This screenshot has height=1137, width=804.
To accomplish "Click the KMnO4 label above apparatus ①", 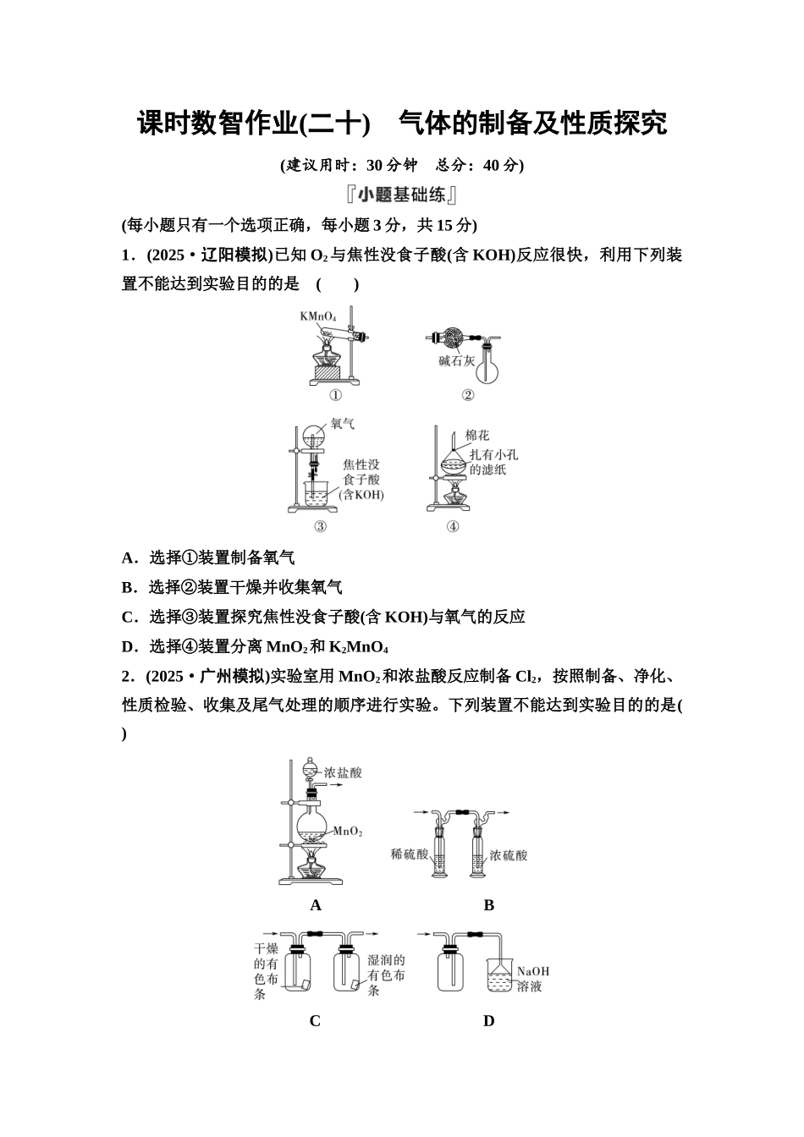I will [317, 316].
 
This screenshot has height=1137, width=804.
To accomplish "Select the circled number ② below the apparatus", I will [467, 395].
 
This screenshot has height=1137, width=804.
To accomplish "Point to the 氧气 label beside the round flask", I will [342, 423].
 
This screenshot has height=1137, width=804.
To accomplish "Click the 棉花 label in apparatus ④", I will [477, 435].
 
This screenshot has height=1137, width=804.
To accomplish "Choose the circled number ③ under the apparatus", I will [320, 526].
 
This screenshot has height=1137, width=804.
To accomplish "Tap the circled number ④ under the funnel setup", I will [453, 526].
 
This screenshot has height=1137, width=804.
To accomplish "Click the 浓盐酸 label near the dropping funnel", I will [343, 772].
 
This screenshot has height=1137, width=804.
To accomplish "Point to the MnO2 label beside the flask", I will [347, 832].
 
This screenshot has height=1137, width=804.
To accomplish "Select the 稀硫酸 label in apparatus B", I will [410, 854].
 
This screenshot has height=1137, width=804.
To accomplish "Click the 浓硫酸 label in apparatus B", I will [508, 855].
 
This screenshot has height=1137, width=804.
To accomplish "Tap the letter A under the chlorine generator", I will [316, 905].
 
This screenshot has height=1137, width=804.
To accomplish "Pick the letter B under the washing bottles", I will [488, 905].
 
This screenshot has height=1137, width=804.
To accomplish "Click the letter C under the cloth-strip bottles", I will [315, 1021].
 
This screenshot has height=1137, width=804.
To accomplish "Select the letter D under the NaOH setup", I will [488, 1021].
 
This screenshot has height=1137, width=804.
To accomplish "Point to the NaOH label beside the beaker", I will [532, 971].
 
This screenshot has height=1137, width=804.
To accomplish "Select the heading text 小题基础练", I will [401, 195].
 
